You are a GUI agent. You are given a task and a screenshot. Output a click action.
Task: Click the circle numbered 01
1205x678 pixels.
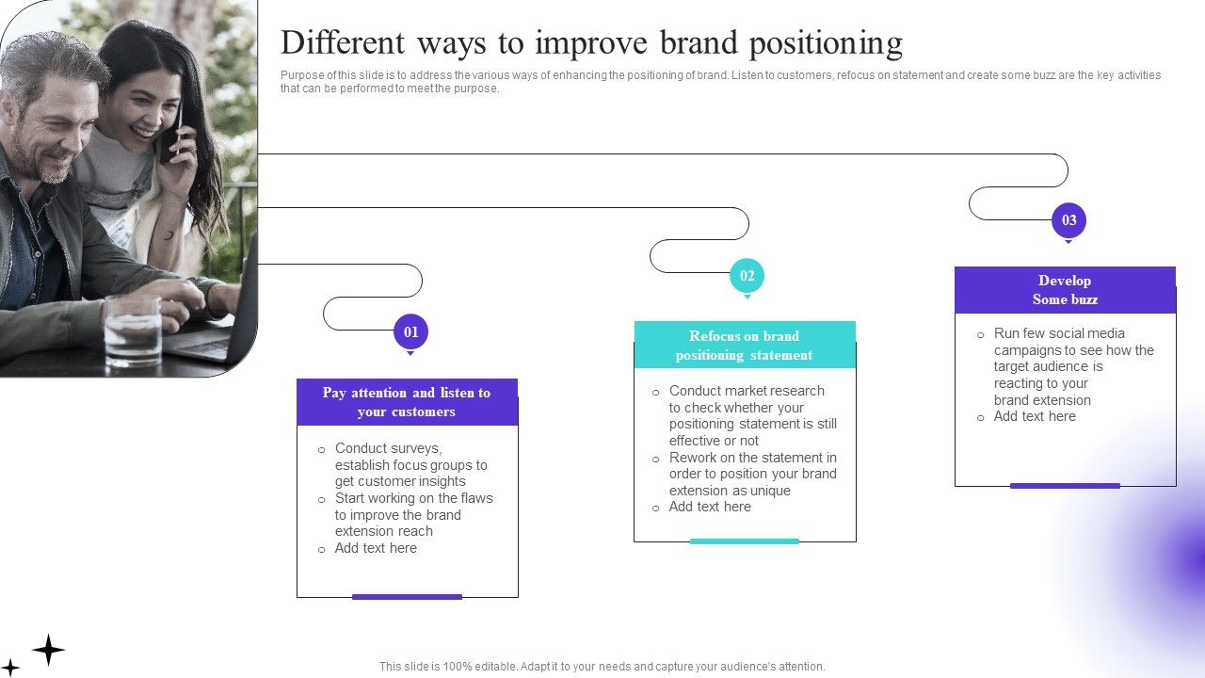pos(410,331)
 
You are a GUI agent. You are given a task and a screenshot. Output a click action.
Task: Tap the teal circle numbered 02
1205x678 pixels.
pos(747,276)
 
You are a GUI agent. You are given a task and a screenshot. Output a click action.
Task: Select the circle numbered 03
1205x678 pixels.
pos(1068,220)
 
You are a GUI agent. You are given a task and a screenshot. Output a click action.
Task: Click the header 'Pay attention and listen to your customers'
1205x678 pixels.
pos(407,402)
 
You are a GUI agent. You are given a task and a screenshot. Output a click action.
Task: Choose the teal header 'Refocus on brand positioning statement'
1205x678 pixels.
pos(744,346)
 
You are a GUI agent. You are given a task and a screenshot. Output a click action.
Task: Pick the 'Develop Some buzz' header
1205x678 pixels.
pos(1065,290)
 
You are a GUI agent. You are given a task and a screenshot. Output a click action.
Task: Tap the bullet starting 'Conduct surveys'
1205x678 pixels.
pos(410,465)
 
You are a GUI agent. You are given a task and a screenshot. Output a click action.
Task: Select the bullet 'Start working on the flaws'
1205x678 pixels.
pos(412,514)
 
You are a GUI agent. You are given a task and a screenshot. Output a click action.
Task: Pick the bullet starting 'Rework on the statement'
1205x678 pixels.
pos(751,474)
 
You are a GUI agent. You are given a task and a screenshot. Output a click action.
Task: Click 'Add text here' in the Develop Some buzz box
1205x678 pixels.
pos(1034,416)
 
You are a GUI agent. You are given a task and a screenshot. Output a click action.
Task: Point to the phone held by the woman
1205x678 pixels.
pos(172,138)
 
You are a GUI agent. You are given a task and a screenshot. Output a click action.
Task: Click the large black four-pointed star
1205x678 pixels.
pos(48,649)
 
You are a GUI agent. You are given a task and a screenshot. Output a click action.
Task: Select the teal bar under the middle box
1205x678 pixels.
pos(744,541)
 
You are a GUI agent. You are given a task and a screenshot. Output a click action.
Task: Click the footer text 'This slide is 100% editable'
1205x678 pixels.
pos(602,666)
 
